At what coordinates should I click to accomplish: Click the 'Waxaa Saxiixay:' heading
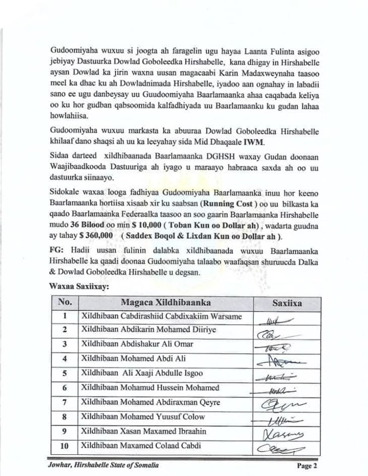click(78, 286)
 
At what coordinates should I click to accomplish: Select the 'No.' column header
click(65, 303)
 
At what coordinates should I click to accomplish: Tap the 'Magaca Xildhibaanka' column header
click(166, 303)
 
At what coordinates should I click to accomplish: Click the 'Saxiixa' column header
click(287, 303)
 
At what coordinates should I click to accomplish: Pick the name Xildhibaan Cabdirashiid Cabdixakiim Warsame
click(162, 317)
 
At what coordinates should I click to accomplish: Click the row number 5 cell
click(65, 373)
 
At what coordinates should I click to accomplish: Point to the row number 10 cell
click(65, 445)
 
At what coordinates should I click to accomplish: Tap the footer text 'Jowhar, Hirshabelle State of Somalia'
click(103, 465)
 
